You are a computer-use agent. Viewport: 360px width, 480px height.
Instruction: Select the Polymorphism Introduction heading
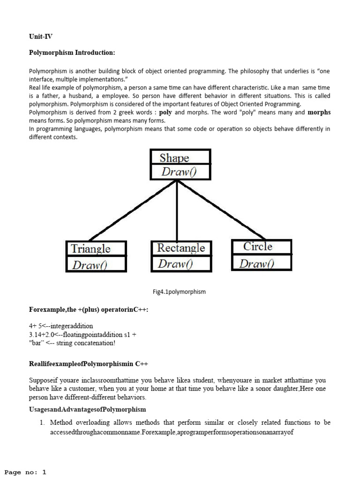(72, 52)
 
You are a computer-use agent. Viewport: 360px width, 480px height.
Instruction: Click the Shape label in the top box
(174, 157)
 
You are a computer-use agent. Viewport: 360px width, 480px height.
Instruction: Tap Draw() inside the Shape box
(179, 172)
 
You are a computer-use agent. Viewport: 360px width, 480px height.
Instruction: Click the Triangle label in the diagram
(90, 249)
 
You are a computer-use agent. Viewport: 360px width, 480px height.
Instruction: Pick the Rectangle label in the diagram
(181, 248)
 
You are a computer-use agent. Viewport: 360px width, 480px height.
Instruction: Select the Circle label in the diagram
(257, 247)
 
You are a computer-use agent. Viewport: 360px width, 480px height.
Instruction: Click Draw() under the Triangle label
(90, 265)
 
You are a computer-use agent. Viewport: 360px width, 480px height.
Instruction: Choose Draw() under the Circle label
(256, 264)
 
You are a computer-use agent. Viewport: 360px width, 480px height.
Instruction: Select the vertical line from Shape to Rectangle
(176, 211)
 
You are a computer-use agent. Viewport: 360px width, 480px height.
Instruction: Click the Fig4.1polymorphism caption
(179, 292)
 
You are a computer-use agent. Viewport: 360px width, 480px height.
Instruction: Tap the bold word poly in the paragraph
(165, 112)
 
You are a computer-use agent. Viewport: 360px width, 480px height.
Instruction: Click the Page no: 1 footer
(25, 472)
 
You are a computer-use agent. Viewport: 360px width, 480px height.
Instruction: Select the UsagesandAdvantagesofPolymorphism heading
(88, 410)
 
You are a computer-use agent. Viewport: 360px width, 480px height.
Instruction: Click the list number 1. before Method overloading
(42, 422)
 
